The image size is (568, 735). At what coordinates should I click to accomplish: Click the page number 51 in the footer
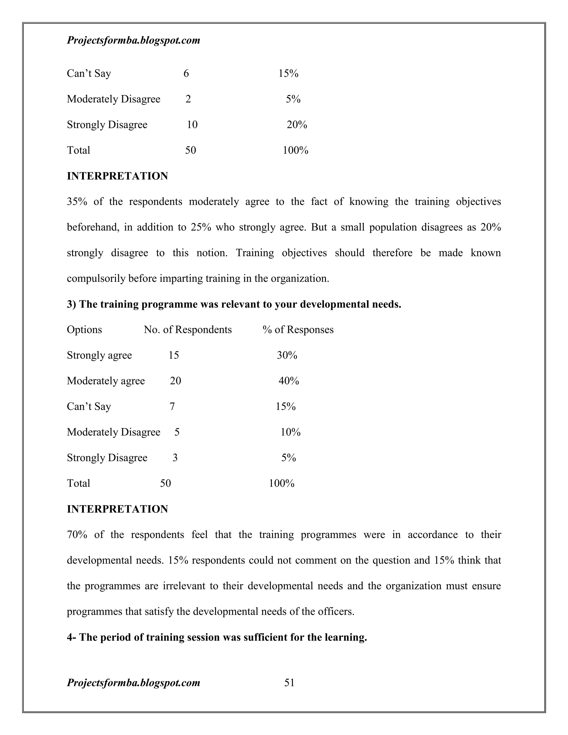(x=289, y=683)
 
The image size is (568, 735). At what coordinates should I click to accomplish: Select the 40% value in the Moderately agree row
(x=289, y=381)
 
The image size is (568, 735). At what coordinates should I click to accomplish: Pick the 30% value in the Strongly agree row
(x=287, y=355)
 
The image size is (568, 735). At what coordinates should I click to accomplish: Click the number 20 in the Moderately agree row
(x=175, y=381)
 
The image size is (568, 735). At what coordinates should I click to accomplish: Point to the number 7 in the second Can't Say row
(x=172, y=407)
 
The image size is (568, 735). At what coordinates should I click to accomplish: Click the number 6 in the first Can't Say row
(x=186, y=73)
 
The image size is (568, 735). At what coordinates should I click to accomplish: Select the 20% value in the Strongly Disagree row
(x=297, y=125)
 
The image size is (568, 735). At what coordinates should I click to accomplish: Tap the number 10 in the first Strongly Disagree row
(x=192, y=125)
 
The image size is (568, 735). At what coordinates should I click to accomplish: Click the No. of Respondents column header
(x=188, y=330)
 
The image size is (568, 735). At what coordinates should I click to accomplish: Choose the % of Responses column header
(x=298, y=330)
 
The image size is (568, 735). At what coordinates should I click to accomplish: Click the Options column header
(x=84, y=330)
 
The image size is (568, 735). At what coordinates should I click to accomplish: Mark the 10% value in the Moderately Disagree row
(x=290, y=432)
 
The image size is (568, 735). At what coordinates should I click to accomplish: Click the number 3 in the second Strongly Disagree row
(x=175, y=458)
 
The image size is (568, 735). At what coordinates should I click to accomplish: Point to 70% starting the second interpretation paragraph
(x=77, y=535)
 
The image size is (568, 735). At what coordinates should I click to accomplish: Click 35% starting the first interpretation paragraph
(x=77, y=202)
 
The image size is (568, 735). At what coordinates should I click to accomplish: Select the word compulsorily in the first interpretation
(x=96, y=279)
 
